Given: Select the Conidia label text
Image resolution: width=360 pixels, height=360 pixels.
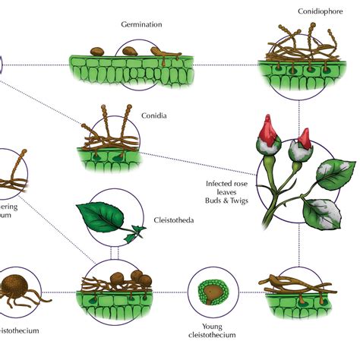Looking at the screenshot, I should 153,116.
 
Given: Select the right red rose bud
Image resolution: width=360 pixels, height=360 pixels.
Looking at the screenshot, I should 305,138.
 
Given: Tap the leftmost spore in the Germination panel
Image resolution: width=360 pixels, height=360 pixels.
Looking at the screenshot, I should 98,52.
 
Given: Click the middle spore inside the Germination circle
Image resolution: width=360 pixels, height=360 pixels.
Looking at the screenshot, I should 129,52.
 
